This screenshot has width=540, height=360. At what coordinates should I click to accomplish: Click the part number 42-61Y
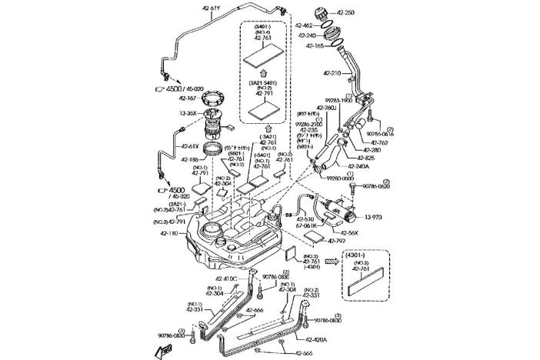(x=212, y=8)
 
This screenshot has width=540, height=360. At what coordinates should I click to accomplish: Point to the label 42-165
(x=314, y=46)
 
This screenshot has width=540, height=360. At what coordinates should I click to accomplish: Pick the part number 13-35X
(x=189, y=113)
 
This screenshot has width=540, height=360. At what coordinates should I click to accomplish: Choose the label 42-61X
(x=190, y=146)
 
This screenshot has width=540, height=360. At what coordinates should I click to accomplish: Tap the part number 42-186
(x=190, y=159)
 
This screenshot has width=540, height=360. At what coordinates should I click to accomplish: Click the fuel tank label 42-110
(x=170, y=233)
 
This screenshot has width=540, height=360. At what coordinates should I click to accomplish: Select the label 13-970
(x=373, y=218)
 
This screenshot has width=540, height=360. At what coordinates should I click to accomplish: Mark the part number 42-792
(x=338, y=241)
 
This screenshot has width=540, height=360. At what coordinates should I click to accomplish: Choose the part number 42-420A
(x=316, y=339)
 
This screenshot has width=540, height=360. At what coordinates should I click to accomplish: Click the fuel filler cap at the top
(x=322, y=13)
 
